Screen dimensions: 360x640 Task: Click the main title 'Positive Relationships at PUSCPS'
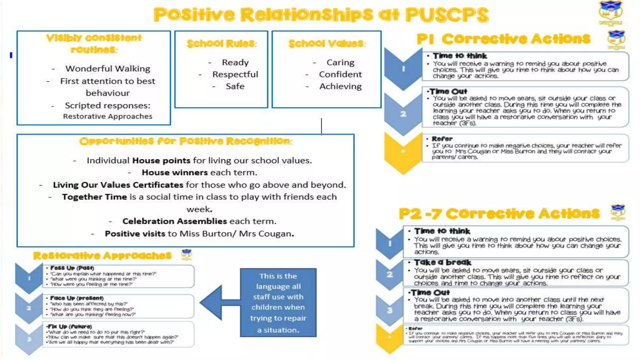tap(321, 15)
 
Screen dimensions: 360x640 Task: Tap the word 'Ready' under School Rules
tap(235, 62)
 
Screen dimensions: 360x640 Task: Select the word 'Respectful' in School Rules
tap(235, 74)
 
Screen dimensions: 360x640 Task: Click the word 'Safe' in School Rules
tap(235, 86)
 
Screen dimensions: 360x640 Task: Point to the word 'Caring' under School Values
tap(340, 62)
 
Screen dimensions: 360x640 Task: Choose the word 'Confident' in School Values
tap(340, 74)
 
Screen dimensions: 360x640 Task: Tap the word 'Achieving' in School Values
tap(340, 86)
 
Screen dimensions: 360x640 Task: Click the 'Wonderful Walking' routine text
tap(107, 68)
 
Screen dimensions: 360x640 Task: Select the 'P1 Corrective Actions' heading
tap(503, 39)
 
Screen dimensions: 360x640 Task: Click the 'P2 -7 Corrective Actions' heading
tap(499, 214)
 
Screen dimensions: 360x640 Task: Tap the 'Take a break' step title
tap(442, 262)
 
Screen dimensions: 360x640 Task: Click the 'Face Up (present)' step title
tap(77, 298)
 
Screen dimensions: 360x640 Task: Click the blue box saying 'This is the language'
tap(278, 302)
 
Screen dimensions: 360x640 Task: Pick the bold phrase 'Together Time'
tap(94, 197)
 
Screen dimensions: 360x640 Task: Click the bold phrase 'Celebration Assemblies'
tap(174, 221)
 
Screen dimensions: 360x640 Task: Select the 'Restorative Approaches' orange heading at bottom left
tap(102, 256)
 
